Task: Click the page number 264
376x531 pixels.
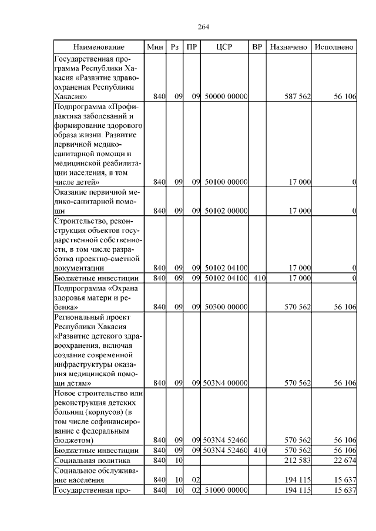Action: [203, 27]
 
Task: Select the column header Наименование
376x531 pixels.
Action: [99, 46]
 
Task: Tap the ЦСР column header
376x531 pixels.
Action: [225, 46]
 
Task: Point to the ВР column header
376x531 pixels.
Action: [257, 46]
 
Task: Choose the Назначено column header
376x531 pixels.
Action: [288, 46]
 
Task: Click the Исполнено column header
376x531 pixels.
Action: [334, 46]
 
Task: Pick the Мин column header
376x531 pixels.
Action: [156, 46]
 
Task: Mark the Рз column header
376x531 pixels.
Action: [174, 46]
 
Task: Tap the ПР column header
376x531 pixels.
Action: [192, 46]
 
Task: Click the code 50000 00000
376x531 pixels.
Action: [226, 96]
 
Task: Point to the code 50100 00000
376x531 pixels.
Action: [226, 182]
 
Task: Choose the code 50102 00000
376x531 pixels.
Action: [226, 210]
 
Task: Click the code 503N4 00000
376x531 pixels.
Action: [226, 383]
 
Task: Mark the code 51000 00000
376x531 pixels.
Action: [226, 489]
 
